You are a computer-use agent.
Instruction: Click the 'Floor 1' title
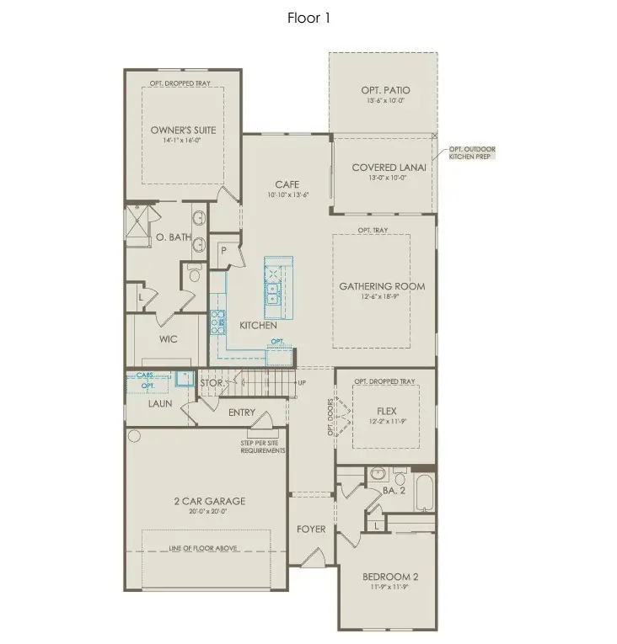coord(308,18)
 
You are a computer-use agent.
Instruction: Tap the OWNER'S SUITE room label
coord(183,130)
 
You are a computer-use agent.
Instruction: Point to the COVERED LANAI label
coord(389,168)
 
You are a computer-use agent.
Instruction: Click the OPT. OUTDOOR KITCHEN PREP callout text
coord(472,153)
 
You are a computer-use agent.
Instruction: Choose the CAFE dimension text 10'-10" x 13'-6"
coord(287,195)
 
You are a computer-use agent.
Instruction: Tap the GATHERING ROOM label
coord(382,286)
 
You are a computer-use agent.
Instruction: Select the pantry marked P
coord(224,249)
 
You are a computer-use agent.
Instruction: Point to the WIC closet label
coord(169,339)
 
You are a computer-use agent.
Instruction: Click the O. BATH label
coord(174,238)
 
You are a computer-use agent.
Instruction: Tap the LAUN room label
coord(160,404)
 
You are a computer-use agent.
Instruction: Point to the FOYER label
coord(311,530)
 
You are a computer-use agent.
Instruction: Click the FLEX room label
coord(387,412)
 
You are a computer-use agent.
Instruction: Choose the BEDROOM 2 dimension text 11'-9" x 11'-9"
coord(389,588)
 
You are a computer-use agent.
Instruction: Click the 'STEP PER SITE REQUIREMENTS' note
coord(263,446)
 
